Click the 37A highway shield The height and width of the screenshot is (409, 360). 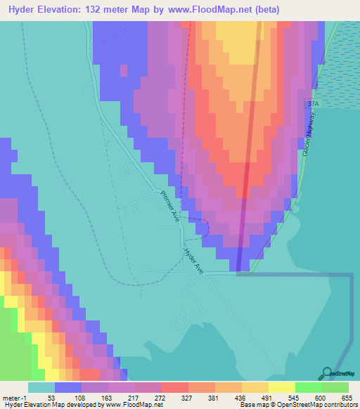coord(312,103)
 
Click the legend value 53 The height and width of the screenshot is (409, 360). coord(51,397)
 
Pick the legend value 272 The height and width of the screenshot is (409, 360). coord(158,397)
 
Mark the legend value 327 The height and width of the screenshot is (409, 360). coord(185,397)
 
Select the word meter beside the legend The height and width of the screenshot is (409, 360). coord(14,397)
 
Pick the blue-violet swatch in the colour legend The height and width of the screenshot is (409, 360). coord(68,387)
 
